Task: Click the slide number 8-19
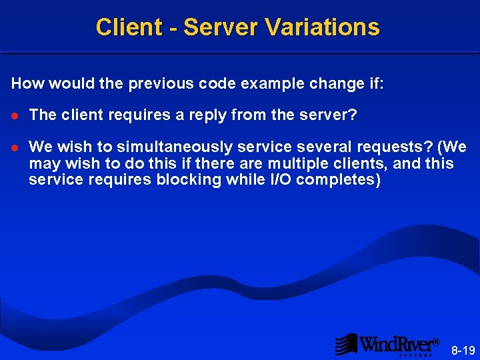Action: coord(463,350)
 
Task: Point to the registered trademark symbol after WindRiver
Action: coord(436,342)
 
